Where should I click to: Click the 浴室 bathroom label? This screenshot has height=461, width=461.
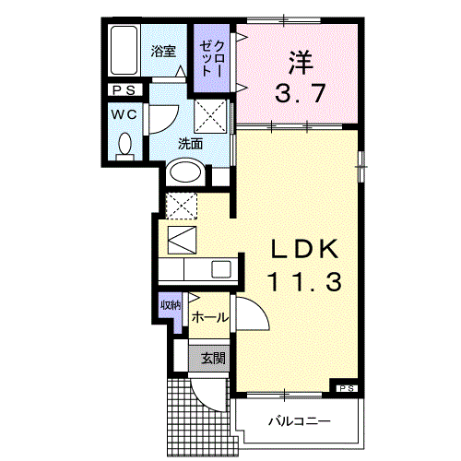[x=163, y=52]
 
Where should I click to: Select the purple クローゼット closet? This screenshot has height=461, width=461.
[x=212, y=57]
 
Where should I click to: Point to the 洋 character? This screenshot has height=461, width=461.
[x=299, y=64]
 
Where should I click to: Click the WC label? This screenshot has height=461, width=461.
[x=125, y=114]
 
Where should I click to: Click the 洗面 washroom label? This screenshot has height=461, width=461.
[x=190, y=144]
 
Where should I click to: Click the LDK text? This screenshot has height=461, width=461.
[x=304, y=250]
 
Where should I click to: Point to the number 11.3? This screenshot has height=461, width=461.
[x=304, y=281]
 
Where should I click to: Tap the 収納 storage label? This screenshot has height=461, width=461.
[x=171, y=304]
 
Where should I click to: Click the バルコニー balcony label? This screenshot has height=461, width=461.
[x=300, y=422]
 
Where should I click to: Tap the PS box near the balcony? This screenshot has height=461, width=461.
[x=346, y=387]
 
